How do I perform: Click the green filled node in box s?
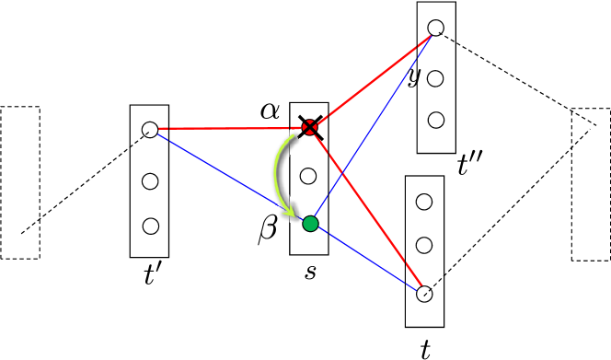click(x=310, y=224)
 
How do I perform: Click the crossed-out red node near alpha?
click(x=310, y=128)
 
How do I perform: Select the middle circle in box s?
click(x=309, y=175)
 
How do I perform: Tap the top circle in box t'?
click(x=150, y=130)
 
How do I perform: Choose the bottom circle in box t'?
click(x=150, y=226)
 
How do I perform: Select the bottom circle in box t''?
click(x=436, y=120)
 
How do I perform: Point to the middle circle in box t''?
click(x=436, y=78)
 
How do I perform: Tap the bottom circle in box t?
click(x=424, y=295)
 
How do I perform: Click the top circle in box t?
click(x=424, y=201)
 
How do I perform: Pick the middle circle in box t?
click(x=424, y=245)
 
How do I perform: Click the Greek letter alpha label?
click(x=270, y=111)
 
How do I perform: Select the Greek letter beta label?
click(x=268, y=230)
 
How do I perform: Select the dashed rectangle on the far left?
click(x=20, y=182)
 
